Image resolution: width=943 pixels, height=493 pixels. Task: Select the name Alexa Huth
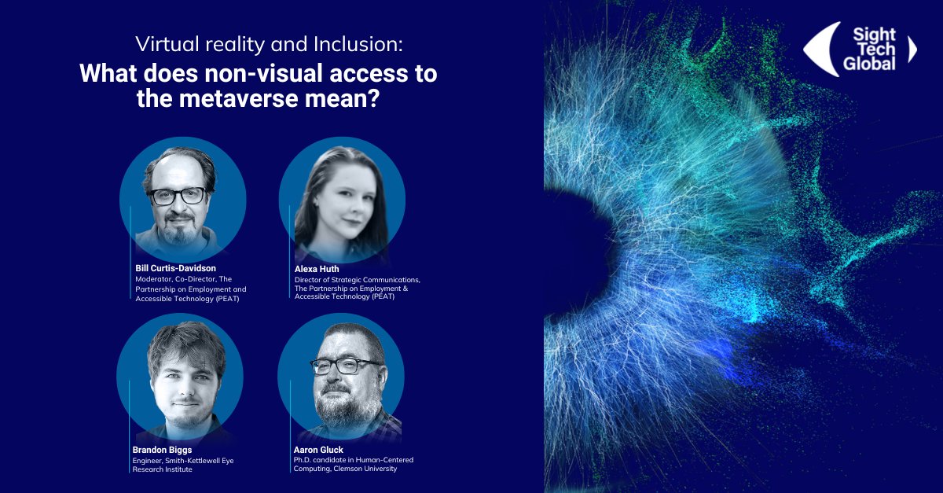click(x=317, y=269)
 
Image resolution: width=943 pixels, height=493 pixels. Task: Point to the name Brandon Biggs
click(x=162, y=450)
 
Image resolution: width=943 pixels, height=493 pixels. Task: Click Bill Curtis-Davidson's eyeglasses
click(x=177, y=195)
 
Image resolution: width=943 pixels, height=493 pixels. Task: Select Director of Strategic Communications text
click(x=358, y=279)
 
